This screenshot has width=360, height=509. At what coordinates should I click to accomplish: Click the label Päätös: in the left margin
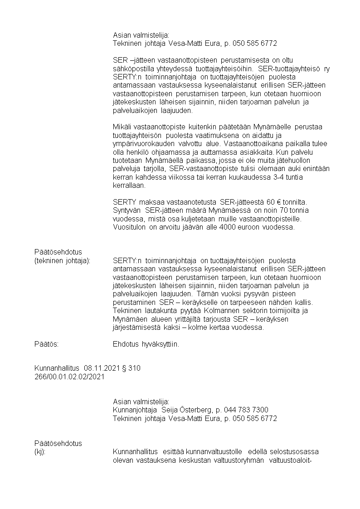point(47,344)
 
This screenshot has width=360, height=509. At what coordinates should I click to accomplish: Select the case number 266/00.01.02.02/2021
point(69,377)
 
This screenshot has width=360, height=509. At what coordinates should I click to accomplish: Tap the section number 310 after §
point(135,368)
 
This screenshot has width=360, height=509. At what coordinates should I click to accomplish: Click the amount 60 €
point(262,201)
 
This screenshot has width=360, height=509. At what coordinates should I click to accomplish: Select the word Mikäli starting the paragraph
point(122,126)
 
